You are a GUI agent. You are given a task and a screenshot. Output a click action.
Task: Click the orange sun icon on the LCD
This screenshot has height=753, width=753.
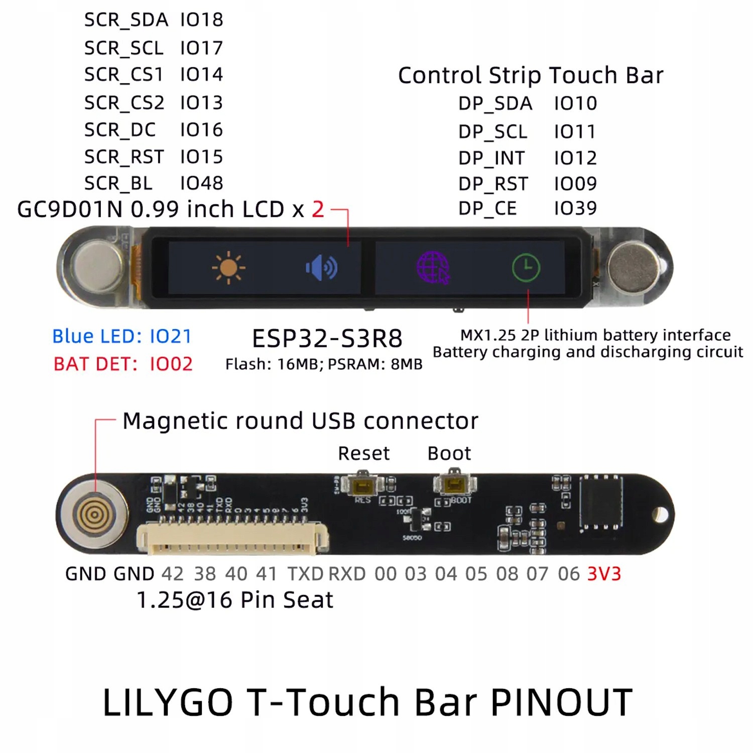[x=228, y=267]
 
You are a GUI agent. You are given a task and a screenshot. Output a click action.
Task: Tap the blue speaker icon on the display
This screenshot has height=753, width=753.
[x=322, y=268]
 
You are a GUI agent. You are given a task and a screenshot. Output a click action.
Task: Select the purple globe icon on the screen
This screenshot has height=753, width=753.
[x=433, y=268]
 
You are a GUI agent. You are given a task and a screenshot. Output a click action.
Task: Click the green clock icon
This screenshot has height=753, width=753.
[x=526, y=268]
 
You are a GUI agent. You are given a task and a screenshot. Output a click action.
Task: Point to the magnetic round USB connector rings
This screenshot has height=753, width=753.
[x=94, y=514]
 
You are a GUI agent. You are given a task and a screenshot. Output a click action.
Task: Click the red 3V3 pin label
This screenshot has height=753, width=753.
[x=604, y=574]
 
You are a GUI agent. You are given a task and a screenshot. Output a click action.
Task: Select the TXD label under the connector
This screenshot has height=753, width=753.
[x=305, y=574]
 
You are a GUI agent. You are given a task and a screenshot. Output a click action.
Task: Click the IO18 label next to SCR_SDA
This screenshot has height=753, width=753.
[x=201, y=20]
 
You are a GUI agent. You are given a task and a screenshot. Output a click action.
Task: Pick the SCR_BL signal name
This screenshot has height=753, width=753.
[x=118, y=183]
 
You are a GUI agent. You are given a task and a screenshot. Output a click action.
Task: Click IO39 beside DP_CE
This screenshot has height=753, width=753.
[x=575, y=208]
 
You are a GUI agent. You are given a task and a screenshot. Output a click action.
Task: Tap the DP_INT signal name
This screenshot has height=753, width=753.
[x=491, y=158]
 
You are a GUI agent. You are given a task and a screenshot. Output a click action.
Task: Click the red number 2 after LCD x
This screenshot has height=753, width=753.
[x=318, y=209]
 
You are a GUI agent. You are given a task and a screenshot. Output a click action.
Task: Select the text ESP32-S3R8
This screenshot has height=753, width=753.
[x=327, y=338]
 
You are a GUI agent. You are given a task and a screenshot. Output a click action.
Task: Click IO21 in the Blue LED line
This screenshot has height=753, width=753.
[x=171, y=336]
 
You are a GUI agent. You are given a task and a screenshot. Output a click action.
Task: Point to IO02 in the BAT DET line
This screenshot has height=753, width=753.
[x=171, y=364]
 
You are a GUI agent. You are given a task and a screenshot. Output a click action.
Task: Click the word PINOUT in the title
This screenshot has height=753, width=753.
[x=561, y=702]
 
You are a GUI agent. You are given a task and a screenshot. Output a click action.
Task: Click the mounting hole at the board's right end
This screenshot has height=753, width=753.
[x=661, y=515]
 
